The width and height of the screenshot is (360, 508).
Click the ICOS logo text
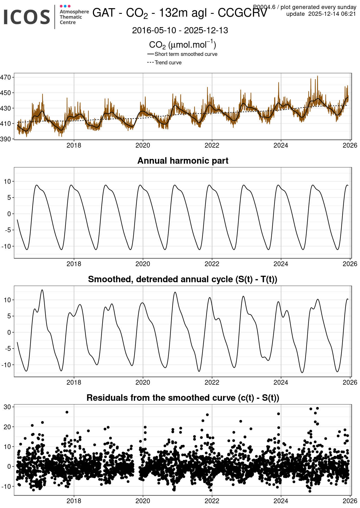(x=27, y=17)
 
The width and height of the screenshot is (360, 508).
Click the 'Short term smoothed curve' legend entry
(x=186, y=54)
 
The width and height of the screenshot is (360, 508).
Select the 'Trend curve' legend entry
(x=168, y=62)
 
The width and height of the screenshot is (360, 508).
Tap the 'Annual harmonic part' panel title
(x=183, y=161)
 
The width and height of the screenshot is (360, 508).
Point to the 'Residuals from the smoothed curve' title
(x=183, y=398)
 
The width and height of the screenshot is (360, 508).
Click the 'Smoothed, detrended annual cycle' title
(x=183, y=279)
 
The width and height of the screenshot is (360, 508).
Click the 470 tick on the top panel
(x=6, y=77)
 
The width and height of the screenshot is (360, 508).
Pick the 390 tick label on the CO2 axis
(x=6, y=139)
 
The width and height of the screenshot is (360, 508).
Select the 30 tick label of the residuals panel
(x=7, y=407)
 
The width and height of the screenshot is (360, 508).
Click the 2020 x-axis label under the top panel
(x=143, y=145)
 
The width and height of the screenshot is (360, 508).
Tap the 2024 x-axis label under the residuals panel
(x=281, y=501)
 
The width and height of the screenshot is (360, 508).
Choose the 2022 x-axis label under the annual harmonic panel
(x=212, y=264)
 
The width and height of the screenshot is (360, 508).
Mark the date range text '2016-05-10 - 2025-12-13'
(x=180, y=30)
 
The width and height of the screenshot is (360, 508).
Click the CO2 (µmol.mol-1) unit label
(x=182, y=45)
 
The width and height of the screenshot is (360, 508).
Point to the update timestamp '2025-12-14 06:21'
(x=332, y=14)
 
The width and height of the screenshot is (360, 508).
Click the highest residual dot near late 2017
(x=67, y=412)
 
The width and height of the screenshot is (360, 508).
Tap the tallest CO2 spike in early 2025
(x=317, y=76)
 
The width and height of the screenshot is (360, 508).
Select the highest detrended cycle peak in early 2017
(x=42, y=290)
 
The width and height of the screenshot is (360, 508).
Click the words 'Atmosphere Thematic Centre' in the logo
(x=74, y=17)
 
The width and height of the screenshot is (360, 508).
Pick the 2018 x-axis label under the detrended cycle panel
(x=74, y=382)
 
